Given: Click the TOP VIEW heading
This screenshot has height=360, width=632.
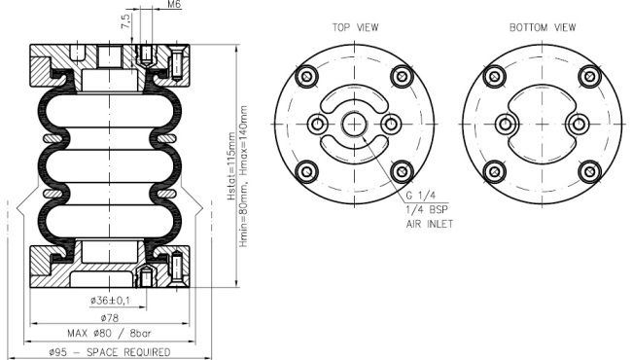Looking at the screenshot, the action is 355,27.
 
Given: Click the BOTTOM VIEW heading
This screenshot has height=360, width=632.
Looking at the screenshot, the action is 543,27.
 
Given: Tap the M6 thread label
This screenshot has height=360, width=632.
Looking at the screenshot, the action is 174,5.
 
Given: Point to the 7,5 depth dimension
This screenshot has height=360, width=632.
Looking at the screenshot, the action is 126,21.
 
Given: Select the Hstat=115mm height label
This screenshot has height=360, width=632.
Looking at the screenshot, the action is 231,166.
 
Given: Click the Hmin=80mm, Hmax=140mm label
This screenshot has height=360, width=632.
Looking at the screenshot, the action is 243,176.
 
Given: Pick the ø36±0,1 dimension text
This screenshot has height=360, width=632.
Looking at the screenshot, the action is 111,301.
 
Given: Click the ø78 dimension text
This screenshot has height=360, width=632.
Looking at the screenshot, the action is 110,318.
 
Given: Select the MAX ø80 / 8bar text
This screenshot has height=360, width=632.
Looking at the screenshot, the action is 109,334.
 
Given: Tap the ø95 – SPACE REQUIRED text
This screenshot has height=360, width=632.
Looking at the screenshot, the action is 110,352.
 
